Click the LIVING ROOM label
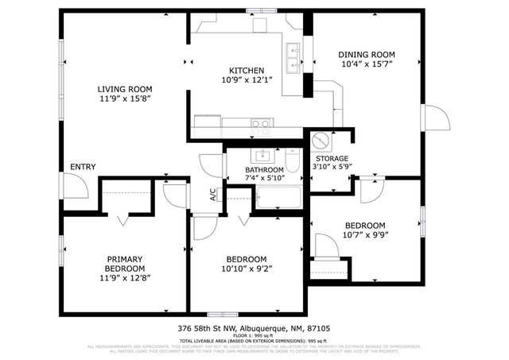pos(125,89)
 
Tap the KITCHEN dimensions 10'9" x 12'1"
pos(247,81)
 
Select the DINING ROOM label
pos(367,55)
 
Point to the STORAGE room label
pos(332,158)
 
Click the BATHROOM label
pos(264,169)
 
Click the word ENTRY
pos(84,167)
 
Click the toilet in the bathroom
pos(292,165)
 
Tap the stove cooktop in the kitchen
pos(261,123)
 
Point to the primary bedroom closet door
pos(124,216)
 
